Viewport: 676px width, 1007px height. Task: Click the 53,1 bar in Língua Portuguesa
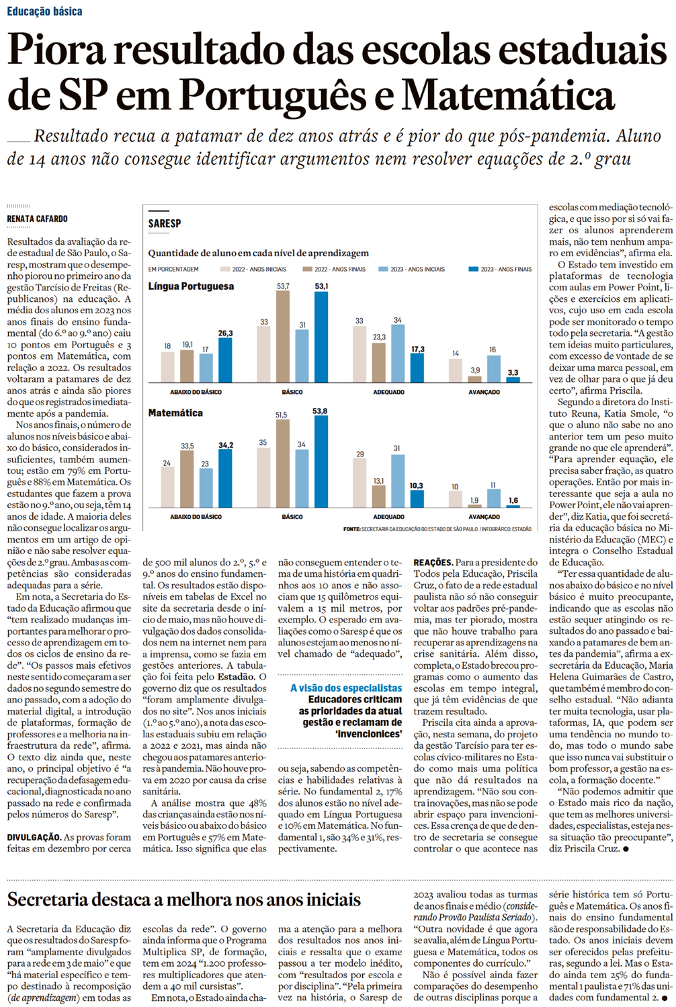pyautogui.click(x=321, y=336)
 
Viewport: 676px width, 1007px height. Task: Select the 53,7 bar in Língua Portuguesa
pyautogui.click(x=283, y=336)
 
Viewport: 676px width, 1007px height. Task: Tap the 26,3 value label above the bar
pyautogui.click(x=225, y=333)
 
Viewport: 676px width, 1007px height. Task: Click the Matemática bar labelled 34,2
pyautogui.click(x=225, y=478)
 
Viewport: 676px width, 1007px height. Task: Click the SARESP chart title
pyautogui.click(x=165, y=223)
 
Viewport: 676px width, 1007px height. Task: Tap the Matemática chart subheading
pyautogui.click(x=175, y=413)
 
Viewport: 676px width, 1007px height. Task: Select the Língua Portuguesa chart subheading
pyautogui.click(x=191, y=286)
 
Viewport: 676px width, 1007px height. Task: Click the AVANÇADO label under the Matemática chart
pyautogui.click(x=484, y=517)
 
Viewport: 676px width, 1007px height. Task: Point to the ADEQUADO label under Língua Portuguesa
pyautogui.click(x=388, y=392)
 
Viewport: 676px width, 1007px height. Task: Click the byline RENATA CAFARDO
pyautogui.click(x=38, y=219)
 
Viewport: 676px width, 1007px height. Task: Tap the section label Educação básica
pyautogui.click(x=45, y=11)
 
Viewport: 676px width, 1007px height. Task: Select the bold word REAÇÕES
pyautogui.click(x=433, y=563)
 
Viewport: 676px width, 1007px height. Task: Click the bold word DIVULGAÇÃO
pyautogui.click(x=34, y=838)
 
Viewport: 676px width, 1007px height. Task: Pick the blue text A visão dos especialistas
pyautogui.click(x=346, y=688)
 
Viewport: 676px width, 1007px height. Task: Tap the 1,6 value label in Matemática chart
pyautogui.click(x=513, y=501)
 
